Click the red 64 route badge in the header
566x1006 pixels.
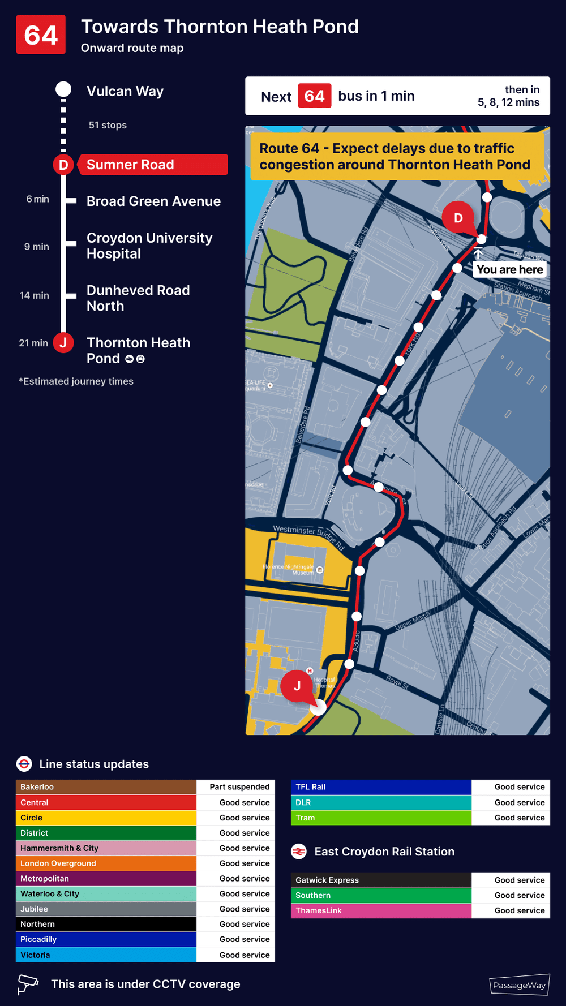pos(41,35)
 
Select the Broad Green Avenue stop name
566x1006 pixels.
pos(153,201)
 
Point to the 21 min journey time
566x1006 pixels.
pos(33,343)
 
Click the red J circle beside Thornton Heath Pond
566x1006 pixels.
pos(63,343)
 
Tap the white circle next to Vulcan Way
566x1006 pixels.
pos(63,89)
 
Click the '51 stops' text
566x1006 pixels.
pos(108,125)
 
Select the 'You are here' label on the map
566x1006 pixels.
pos(509,269)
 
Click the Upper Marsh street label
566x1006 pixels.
pos(412,621)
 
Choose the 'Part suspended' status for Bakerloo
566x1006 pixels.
pos(239,787)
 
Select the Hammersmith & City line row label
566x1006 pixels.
pos(59,848)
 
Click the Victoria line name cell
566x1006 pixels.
pos(35,955)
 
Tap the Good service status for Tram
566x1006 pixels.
pos(519,818)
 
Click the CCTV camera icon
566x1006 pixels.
pos(27,984)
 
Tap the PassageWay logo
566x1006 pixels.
pos(519,985)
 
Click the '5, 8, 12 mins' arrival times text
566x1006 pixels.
pos(508,102)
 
